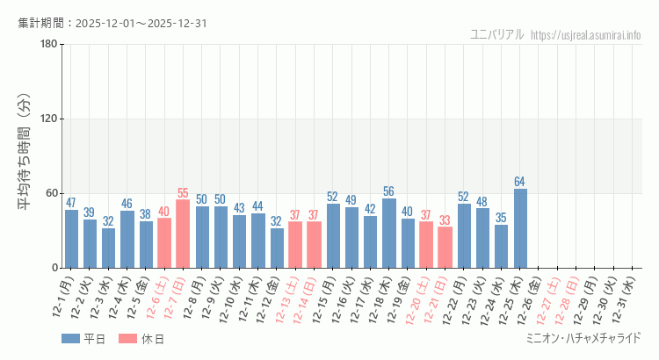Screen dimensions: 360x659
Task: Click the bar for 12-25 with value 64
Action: [520, 228]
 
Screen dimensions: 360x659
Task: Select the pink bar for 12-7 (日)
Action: [183, 234]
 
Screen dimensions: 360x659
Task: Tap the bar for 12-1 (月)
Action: [71, 239]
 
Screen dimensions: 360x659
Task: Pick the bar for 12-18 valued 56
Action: [389, 233]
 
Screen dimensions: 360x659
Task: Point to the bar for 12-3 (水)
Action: [108, 248]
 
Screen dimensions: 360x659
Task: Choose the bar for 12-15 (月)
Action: [333, 235]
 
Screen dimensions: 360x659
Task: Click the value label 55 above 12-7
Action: [183, 193]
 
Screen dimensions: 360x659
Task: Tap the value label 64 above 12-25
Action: [520, 182]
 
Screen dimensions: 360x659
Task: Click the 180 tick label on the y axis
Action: [48, 45]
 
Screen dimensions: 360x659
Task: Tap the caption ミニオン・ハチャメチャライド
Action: [583, 338]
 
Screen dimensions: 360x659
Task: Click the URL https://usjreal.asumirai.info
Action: [587, 34]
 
